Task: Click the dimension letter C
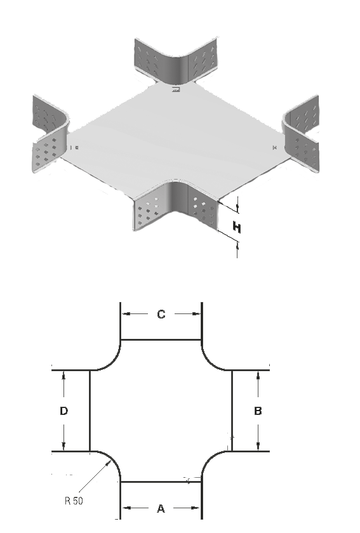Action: (161, 314)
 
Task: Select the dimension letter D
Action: (63, 411)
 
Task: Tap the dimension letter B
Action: (258, 411)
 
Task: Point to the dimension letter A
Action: (161, 508)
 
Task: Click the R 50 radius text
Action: (74, 501)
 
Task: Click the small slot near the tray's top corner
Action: (176, 89)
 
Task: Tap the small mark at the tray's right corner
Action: (275, 147)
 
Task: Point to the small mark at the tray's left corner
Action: (74, 147)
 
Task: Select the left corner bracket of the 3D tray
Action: (51, 135)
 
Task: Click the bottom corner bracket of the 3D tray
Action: (176, 206)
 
